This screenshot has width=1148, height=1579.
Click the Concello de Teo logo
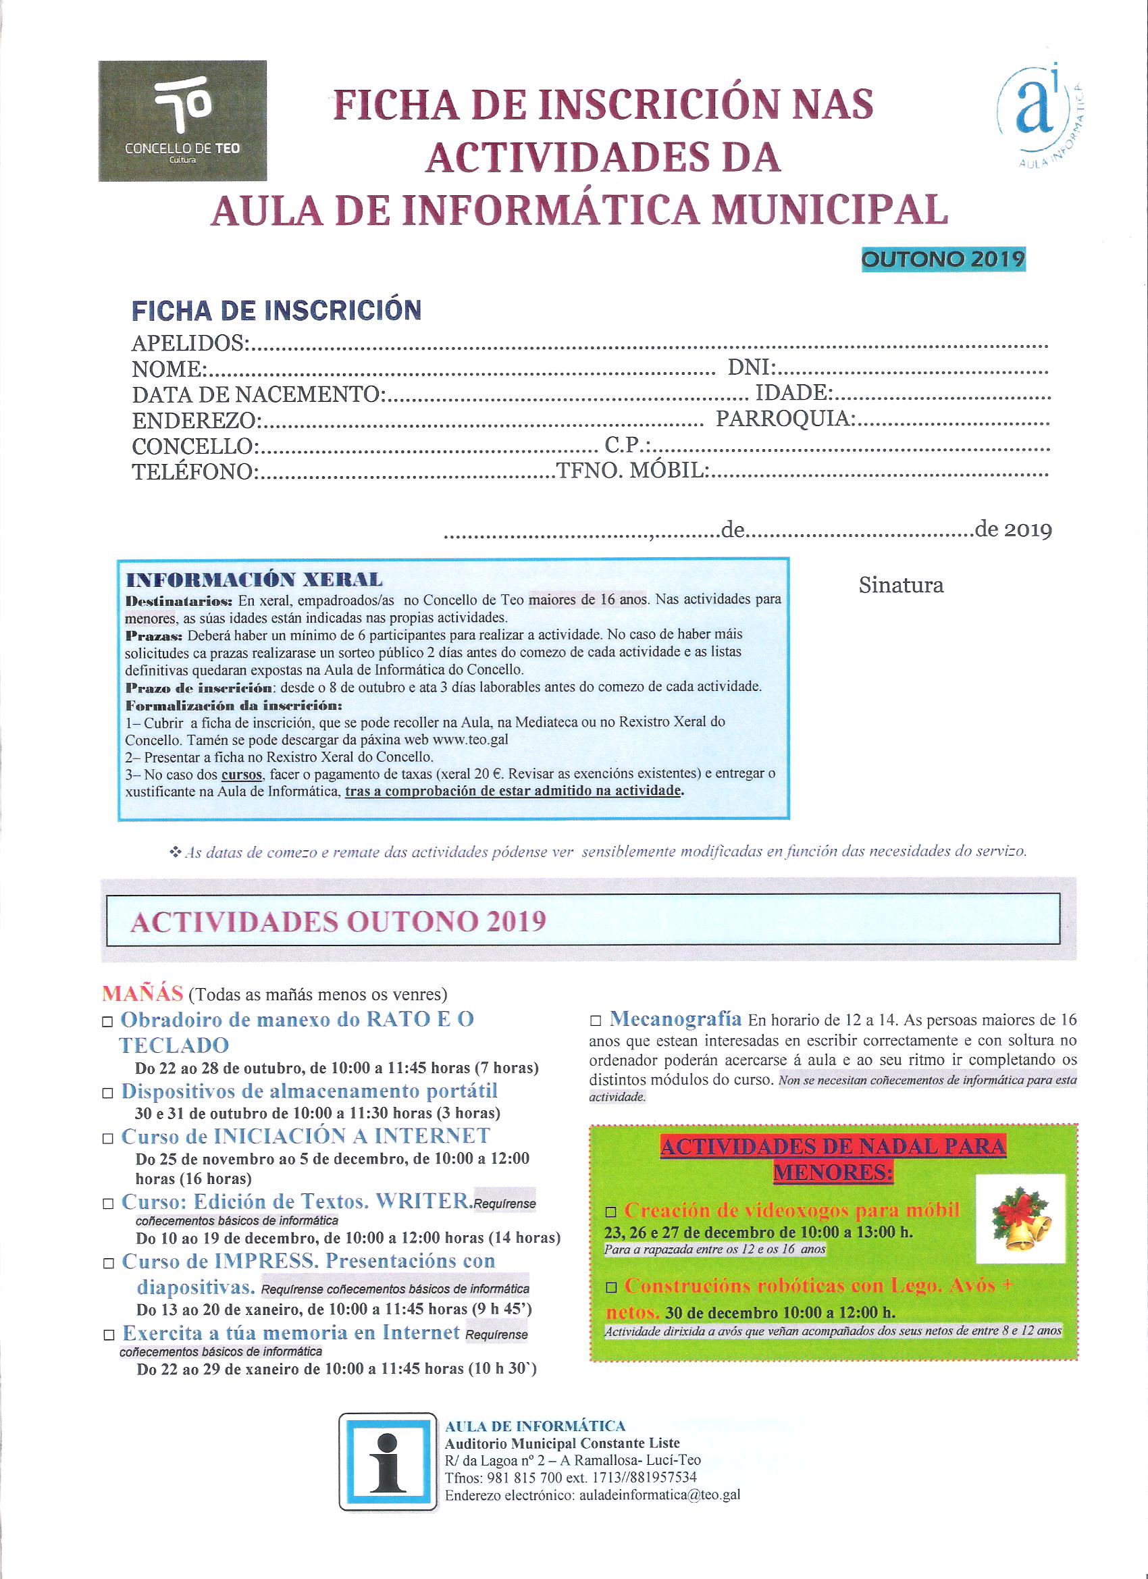[182, 121]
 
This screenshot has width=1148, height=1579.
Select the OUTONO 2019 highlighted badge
[943, 259]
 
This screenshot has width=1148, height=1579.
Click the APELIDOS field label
[188, 343]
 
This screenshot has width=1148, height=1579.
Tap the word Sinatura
[901, 585]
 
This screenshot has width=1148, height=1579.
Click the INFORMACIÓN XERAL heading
[253, 580]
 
